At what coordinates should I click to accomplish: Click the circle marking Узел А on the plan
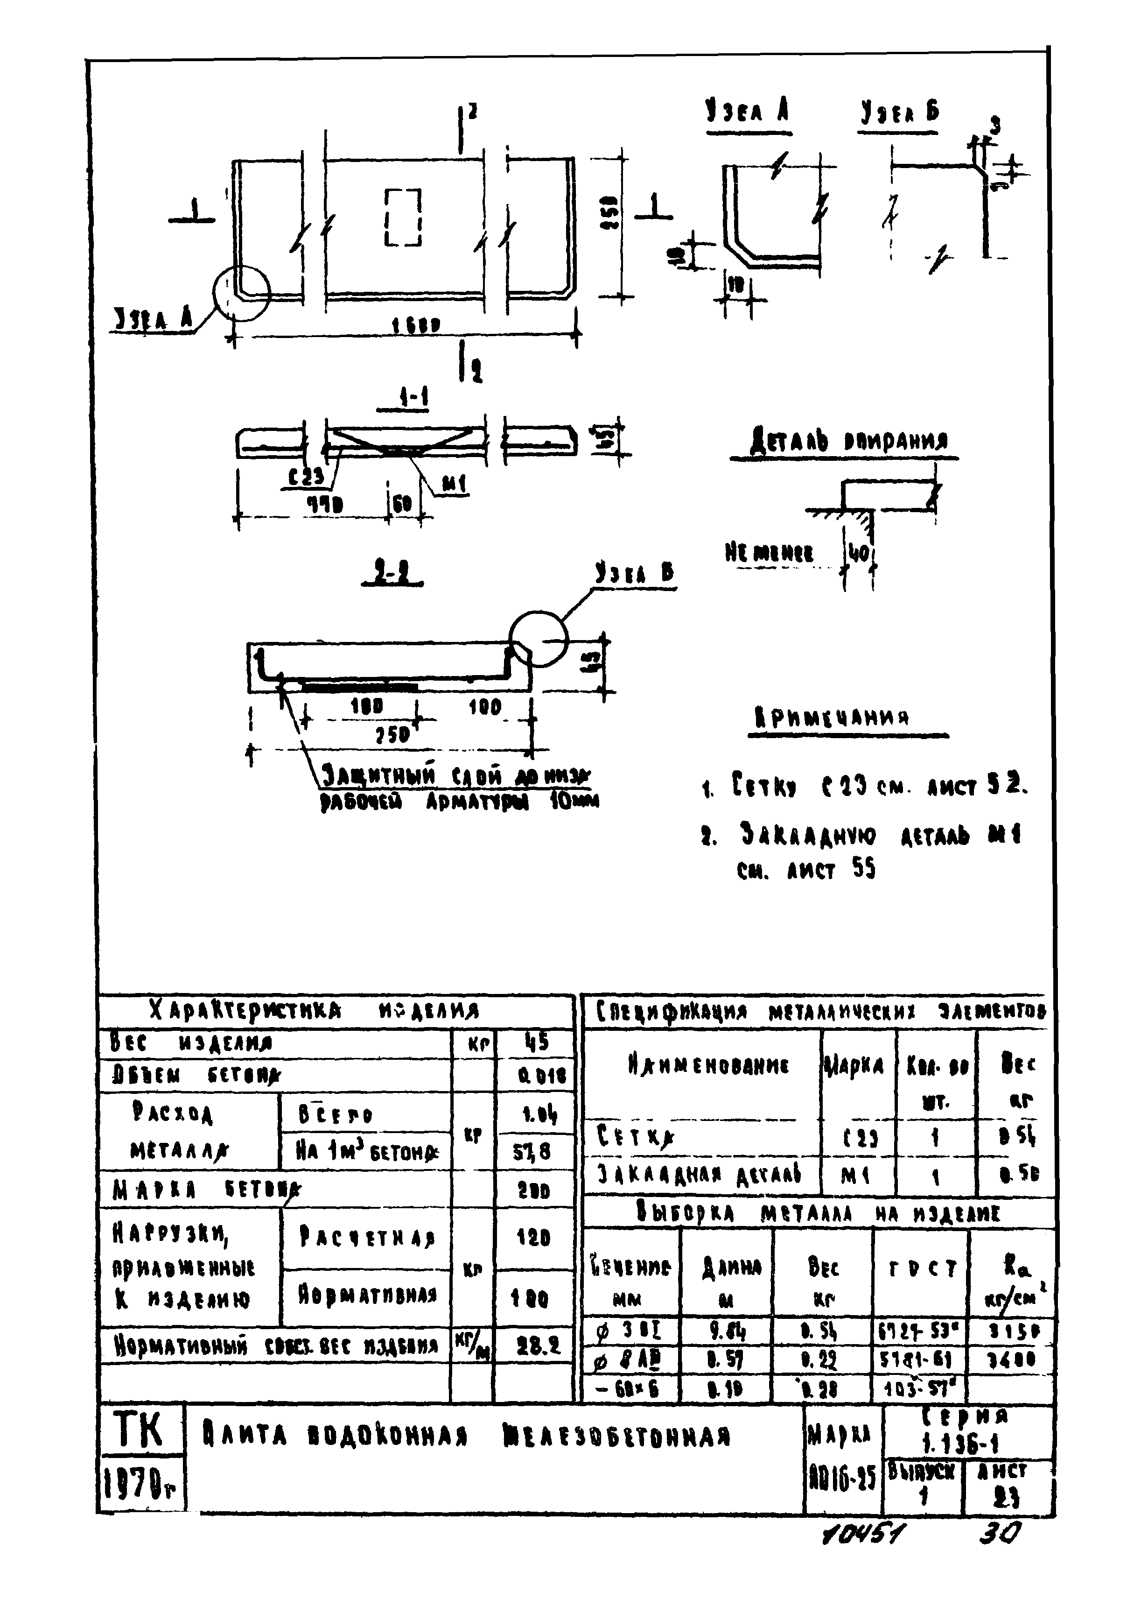241,294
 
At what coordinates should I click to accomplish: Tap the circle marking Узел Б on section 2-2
538,639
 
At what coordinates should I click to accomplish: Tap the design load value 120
534,1238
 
